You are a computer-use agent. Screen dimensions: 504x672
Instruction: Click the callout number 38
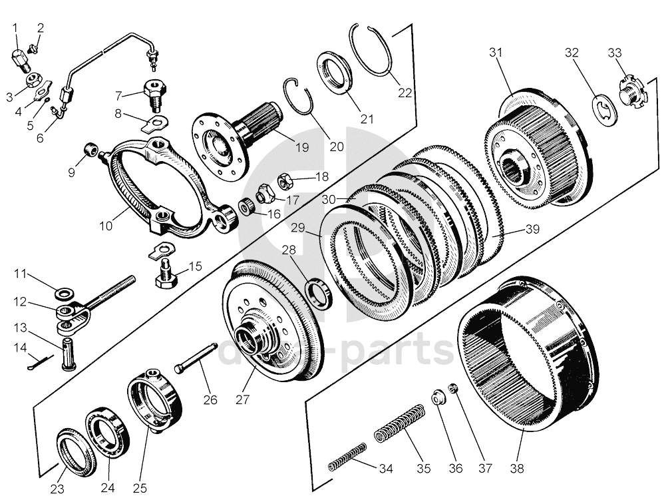pos(517,468)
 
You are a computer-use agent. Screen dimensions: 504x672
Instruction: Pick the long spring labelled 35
pos(399,425)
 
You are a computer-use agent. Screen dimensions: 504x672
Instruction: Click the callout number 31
pos(496,52)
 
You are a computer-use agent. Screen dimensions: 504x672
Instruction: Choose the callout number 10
pos(106,225)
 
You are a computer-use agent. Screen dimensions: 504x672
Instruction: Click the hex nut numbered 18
pos(282,180)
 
